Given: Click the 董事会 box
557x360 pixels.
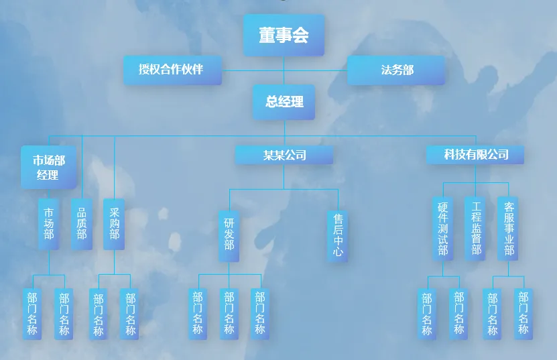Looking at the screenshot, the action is (284, 36).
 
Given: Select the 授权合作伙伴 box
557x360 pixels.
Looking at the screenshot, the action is (172, 70).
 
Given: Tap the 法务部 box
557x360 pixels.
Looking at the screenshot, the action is (396, 70).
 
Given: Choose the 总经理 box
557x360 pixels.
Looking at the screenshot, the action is (284, 102).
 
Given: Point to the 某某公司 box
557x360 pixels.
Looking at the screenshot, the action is (284, 155).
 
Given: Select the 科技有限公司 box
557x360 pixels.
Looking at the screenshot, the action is (475, 155).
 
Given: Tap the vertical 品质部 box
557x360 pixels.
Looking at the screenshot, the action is (82, 224).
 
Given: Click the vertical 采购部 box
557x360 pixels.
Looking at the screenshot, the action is (114, 224).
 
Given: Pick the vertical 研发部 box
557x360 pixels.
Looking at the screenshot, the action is (229, 235).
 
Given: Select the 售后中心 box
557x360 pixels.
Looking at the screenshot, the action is (338, 235).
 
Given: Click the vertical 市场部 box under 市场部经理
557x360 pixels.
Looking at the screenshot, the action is (49, 224).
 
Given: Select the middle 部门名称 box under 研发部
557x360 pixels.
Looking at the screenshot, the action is (229, 313).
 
